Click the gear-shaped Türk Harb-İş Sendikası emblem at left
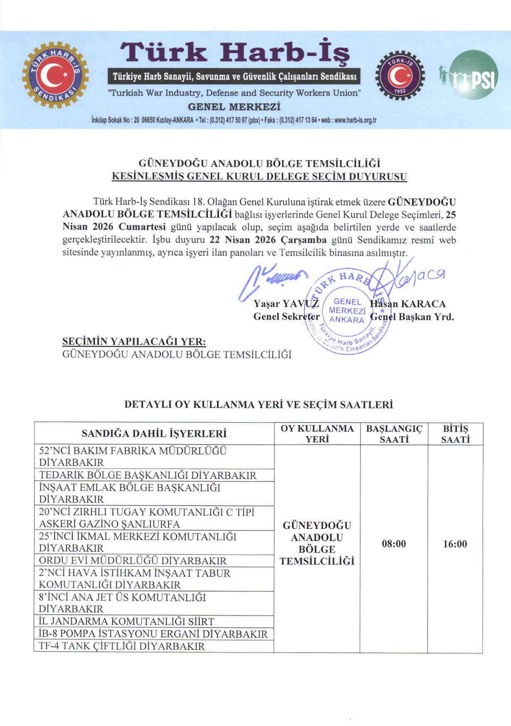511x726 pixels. pyautogui.click(x=55, y=76)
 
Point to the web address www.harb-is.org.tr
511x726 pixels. pyautogui.click(x=355, y=121)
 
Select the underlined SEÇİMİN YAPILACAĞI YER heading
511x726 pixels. pyautogui.click(x=134, y=342)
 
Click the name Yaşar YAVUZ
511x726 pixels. pyautogui.click(x=286, y=304)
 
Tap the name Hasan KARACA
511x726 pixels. pyautogui.click(x=407, y=304)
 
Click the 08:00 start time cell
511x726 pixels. pyautogui.click(x=394, y=544)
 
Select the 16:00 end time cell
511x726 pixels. pyautogui.click(x=455, y=544)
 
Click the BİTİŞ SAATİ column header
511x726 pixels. pyautogui.click(x=455, y=434)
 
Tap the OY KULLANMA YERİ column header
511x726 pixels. pyautogui.click(x=317, y=434)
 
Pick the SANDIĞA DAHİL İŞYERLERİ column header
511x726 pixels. pyautogui.click(x=154, y=434)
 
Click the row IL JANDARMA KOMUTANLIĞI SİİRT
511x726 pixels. pyautogui.click(x=126, y=622)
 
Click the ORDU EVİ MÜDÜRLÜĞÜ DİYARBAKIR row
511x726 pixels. pyautogui.click(x=133, y=560)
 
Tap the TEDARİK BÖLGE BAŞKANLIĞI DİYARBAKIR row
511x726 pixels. pyautogui.click(x=148, y=475)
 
